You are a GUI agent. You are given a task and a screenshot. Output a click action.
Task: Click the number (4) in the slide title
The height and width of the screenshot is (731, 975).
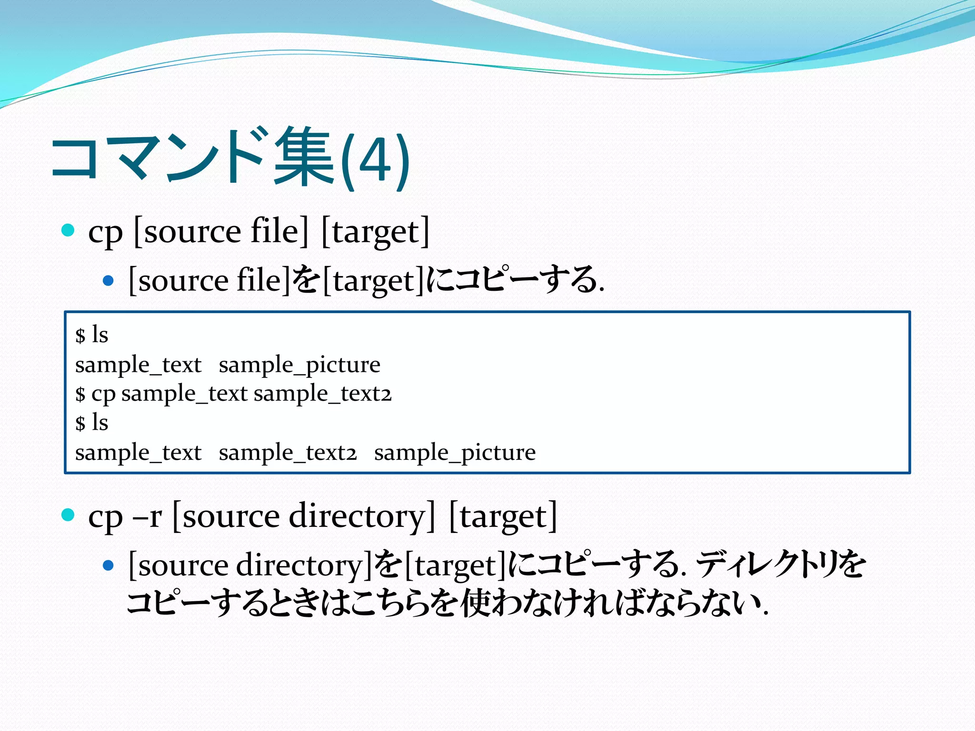tap(375, 160)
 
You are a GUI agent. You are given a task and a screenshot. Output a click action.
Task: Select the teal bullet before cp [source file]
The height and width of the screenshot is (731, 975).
tap(68, 231)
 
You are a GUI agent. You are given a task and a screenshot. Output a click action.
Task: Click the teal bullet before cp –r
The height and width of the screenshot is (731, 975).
tap(68, 515)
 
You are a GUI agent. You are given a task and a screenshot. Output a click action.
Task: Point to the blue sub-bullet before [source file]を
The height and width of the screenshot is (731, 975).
tap(109, 281)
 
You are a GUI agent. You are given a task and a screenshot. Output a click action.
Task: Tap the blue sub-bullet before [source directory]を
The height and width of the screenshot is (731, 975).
tap(109, 565)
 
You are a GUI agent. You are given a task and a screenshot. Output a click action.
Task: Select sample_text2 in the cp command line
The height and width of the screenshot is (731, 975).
tap(323, 394)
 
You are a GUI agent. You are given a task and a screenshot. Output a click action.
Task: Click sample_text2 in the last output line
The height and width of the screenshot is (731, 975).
tap(288, 453)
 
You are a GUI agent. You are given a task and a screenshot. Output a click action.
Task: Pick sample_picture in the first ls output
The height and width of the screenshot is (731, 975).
tap(299, 365)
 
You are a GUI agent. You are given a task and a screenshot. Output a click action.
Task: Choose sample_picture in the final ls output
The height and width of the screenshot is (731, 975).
tap(455, 453)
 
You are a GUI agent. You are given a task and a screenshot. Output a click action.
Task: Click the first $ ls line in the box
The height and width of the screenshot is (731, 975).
tap(92, 335)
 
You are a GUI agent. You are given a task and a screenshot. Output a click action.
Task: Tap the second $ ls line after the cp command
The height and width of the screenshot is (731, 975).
tap(92, 423)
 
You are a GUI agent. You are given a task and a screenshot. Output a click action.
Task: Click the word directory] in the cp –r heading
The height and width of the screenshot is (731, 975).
tap(362, 517)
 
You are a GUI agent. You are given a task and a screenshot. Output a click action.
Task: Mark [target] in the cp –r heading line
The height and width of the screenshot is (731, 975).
tap(503, 517)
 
